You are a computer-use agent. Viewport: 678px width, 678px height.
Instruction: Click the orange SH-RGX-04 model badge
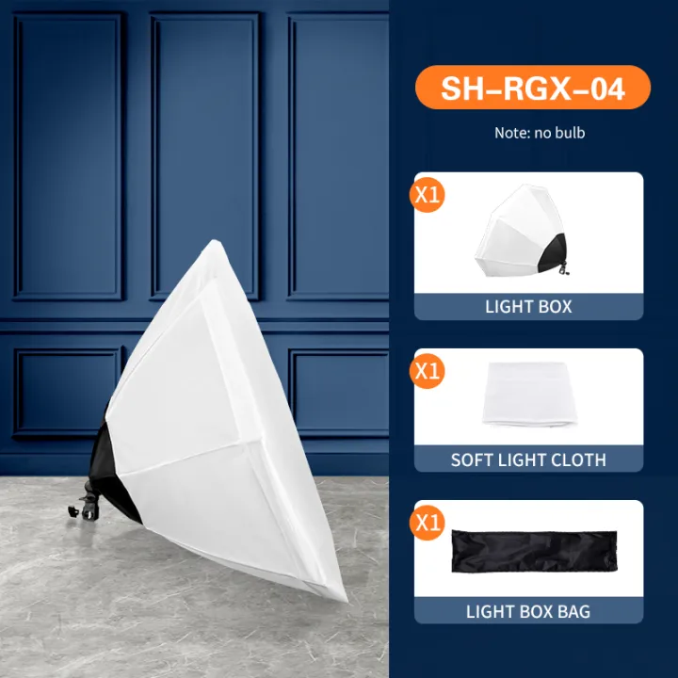(532, 89)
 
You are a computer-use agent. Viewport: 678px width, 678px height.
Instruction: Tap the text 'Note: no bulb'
(540, 133)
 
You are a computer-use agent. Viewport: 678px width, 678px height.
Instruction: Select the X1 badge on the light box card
(428, 196)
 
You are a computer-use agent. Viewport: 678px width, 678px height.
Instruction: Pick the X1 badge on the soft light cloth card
(428, 370)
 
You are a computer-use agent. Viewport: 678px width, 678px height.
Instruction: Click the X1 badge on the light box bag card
(428, 523)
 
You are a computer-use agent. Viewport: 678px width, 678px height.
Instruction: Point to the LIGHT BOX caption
(528, 307)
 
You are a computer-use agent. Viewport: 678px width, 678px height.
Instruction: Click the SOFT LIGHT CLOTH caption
(528, 460)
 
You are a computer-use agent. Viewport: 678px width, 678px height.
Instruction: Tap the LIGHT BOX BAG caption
(528, 612)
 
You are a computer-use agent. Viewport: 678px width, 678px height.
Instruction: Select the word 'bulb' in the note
(568, 133)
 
